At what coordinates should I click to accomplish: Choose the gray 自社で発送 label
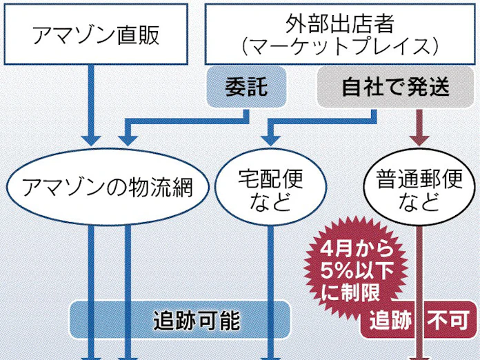coord(395,88)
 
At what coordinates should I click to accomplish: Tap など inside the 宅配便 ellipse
coord(270,203)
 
